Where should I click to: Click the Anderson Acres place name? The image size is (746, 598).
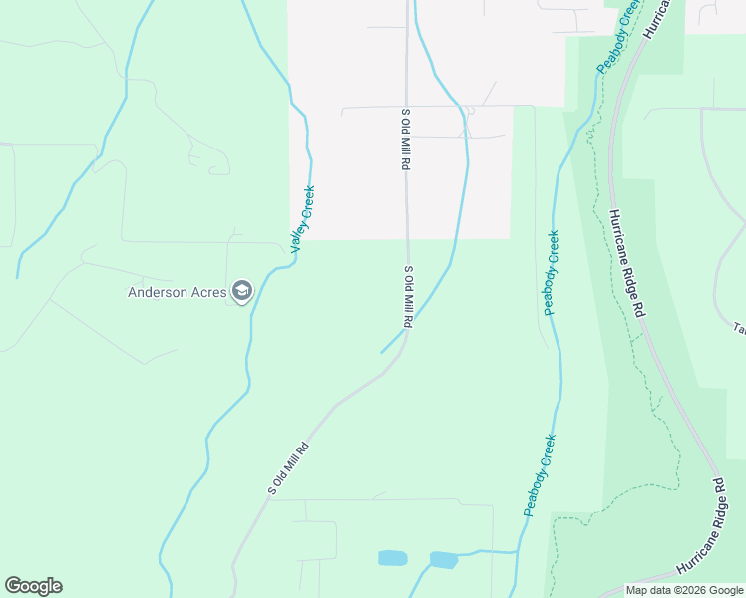tap(178, 292)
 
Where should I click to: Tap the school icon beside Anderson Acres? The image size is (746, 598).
tap(241, 291)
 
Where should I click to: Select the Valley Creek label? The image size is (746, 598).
tap(303, 218)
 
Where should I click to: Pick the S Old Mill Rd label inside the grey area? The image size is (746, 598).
tap(406, 139)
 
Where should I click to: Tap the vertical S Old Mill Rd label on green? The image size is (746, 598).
tap(407, 297)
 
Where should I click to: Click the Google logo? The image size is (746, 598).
tap(33, 586)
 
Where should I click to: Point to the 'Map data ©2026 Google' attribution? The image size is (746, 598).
tap(684, 590)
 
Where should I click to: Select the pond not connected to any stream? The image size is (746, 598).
tap(392, 558)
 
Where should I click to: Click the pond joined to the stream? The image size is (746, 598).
tap(443, 560)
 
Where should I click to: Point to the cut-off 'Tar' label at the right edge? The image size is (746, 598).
tap(740, 328)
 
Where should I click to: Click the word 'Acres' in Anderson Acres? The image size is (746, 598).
tap(204, 292)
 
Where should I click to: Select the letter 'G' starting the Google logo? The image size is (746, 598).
tap(14, 586)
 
